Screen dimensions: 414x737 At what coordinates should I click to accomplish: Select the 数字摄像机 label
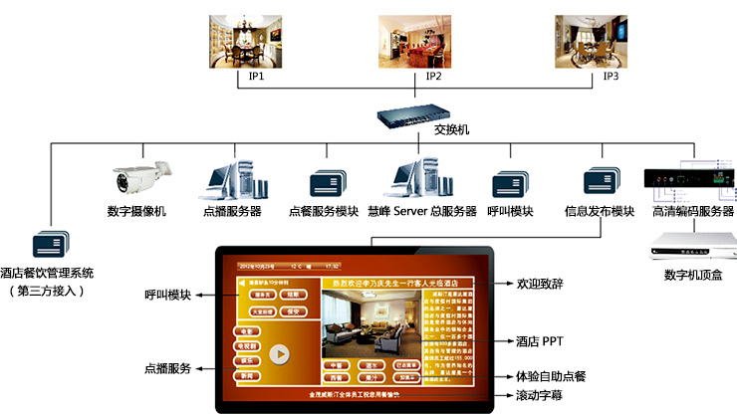[136, 211]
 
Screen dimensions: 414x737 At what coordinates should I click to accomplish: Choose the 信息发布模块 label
[599, 211]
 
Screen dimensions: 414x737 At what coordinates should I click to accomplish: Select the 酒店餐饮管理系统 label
[47, 273]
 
